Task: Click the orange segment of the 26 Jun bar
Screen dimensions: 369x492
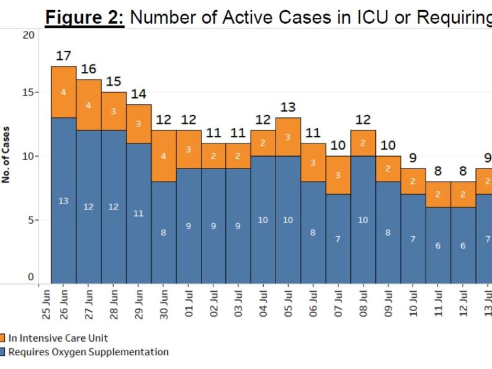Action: click(63, 92)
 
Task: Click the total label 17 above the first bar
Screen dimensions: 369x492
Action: click(63, 56)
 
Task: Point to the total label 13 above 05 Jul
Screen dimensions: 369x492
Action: click(288, 107)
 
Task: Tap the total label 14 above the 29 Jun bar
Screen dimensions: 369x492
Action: click(138, 94)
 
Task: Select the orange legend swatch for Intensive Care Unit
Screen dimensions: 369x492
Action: click(3, 338)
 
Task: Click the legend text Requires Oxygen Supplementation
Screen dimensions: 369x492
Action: click(88, 352)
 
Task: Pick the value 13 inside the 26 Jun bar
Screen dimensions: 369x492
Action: click(63, 201)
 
